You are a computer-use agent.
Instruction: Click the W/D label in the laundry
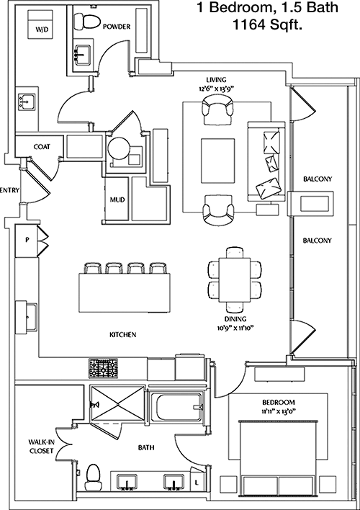(x=42, y=30)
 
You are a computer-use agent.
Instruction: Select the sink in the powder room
(x=84, y=54)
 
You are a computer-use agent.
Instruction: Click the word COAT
(x=42, y=147)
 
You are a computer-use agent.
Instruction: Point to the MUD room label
(x=117, y=200)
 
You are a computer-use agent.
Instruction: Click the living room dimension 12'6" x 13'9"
(x=216, y=88)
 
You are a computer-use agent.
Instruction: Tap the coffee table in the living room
(x=218, y=161)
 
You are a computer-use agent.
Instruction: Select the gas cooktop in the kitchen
(x=104, y=369)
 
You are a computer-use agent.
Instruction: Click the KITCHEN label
(x=123, y=334)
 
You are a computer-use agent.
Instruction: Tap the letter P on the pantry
(x=27, y=240)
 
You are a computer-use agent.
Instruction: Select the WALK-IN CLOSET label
(x=41, y=447)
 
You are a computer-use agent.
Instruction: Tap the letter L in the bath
(x=196, y=483)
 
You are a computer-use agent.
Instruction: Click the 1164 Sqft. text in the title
(x=266, y=25)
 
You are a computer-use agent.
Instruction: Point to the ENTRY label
(x=10, y=190)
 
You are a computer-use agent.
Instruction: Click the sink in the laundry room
(x=27, y=102)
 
